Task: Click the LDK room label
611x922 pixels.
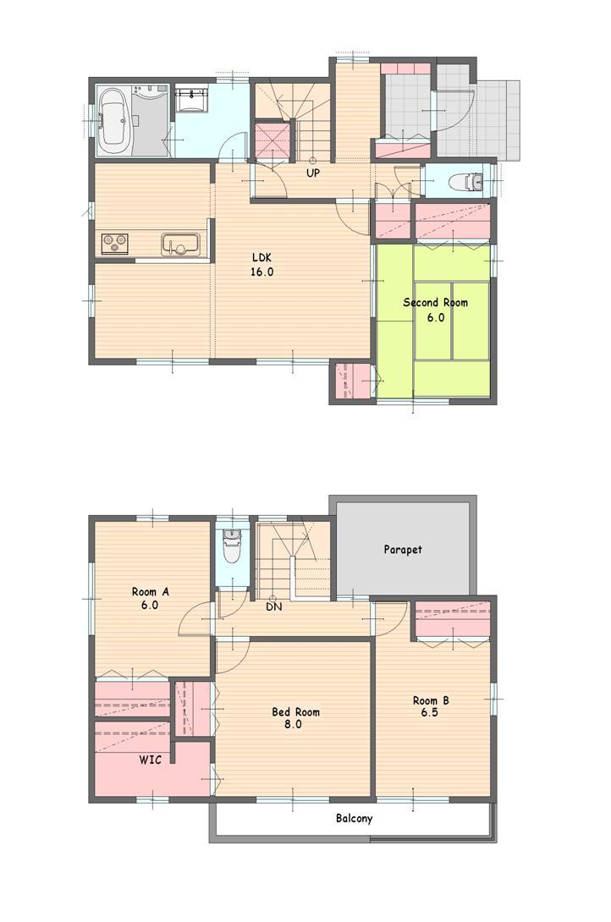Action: pyautogui.click(x=261, y=258)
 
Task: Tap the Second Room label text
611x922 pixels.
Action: pyautogui.click(x=435, y=303)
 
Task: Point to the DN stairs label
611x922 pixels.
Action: pyautogui.click(x=273, y=606)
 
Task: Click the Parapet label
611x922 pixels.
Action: pyautogui.click(x=403, y=550)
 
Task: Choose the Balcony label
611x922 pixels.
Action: pyautogui.click(x=354, y=819)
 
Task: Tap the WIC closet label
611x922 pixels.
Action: pyautogui.click(x=151, y=760)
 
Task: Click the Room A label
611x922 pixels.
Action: pyautogui.click(x=151, y=592)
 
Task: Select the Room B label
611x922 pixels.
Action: pyautogui.click(x=431, y=700)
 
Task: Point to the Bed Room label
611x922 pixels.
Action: pyautogui.click(x=295, y=712)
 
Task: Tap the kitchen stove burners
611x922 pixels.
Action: pyautogui.click(x=114, y=244)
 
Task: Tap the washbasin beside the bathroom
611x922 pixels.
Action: pyautogui.click(x=194, y=100)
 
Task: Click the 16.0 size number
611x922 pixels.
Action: pyautogui.click(x=261, y=272)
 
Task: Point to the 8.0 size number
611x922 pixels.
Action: pyautogui.click(x=294, y=725)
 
